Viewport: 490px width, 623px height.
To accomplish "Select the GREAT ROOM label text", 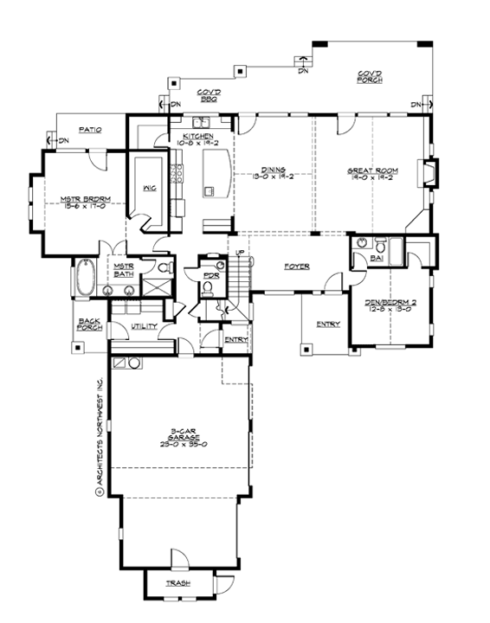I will pos(371,171).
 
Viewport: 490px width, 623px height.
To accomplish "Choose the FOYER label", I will pos(298,267).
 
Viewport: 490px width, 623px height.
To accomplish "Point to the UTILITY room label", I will pos(144,326).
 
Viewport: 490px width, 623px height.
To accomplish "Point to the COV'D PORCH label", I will pos(370,76).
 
